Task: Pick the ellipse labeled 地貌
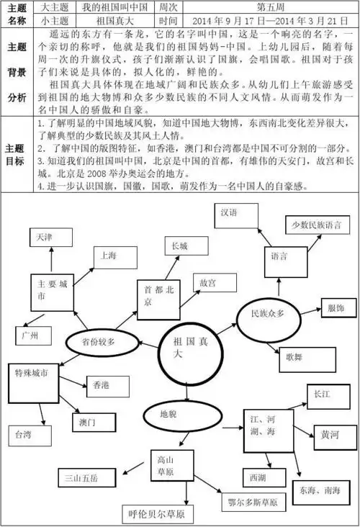coord(168,414)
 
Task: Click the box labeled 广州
coord(31,335)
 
